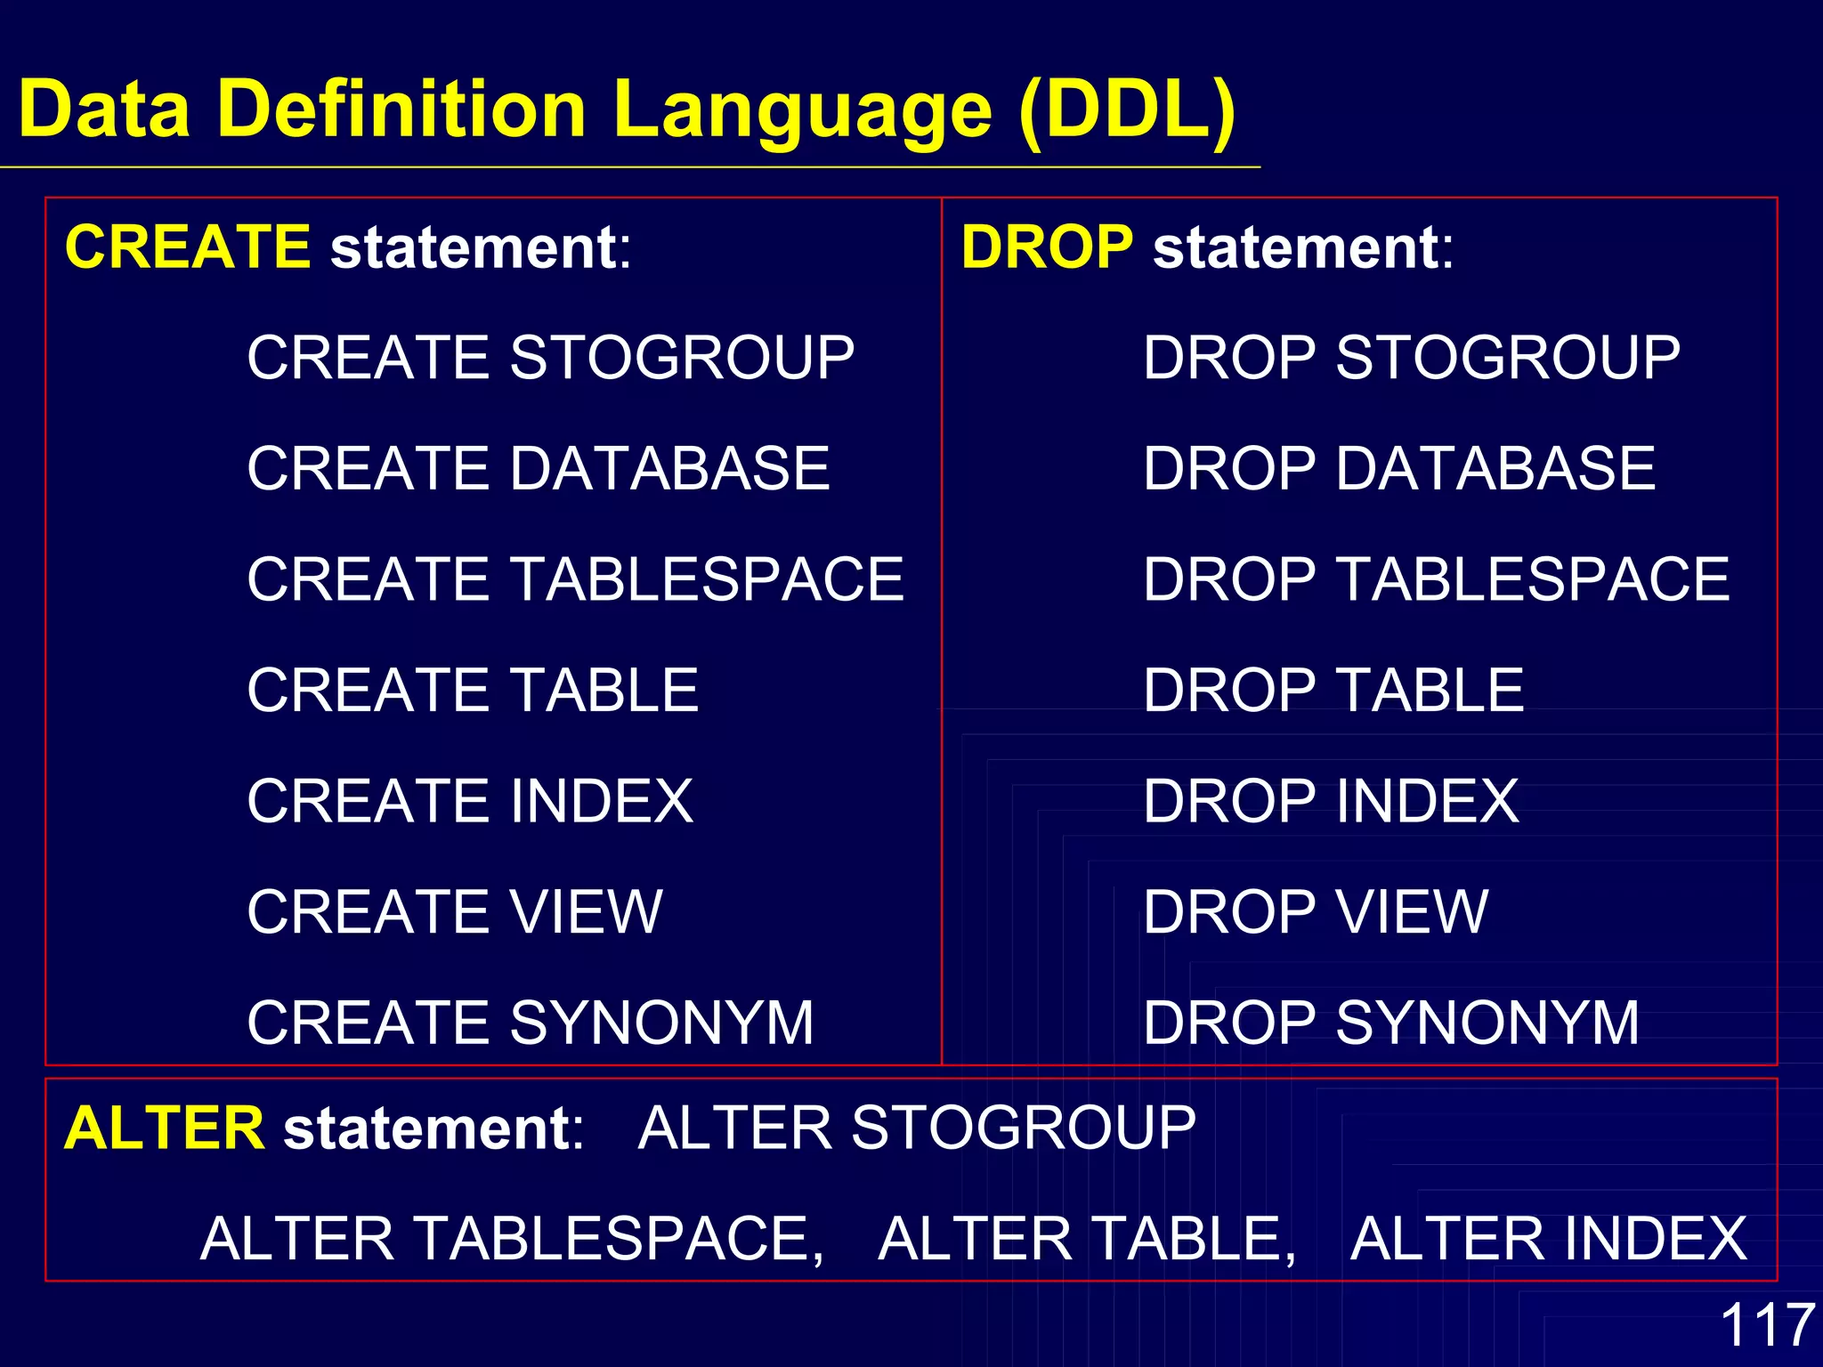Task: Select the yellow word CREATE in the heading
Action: [188, 247]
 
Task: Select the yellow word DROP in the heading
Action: [1047, 247]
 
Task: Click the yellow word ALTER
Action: [164, 1128]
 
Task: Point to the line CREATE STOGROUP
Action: [550, 358]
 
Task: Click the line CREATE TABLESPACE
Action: [575, 579]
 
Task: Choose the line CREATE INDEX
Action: [470, 801]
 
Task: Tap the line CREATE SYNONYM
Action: [531, 1023]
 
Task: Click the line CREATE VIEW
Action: [455, 911]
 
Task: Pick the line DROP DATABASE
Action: [1398, 468]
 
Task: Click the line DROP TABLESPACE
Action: [1436, 579]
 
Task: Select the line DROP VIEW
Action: [1315, 911]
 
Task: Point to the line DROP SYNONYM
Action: [1390, 1023]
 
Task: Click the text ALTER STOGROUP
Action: [917, 1128]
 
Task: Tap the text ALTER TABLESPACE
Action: [512, 1239]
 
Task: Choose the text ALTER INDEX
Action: [1548, 1239]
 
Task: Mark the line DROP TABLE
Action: [1333, 690]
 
